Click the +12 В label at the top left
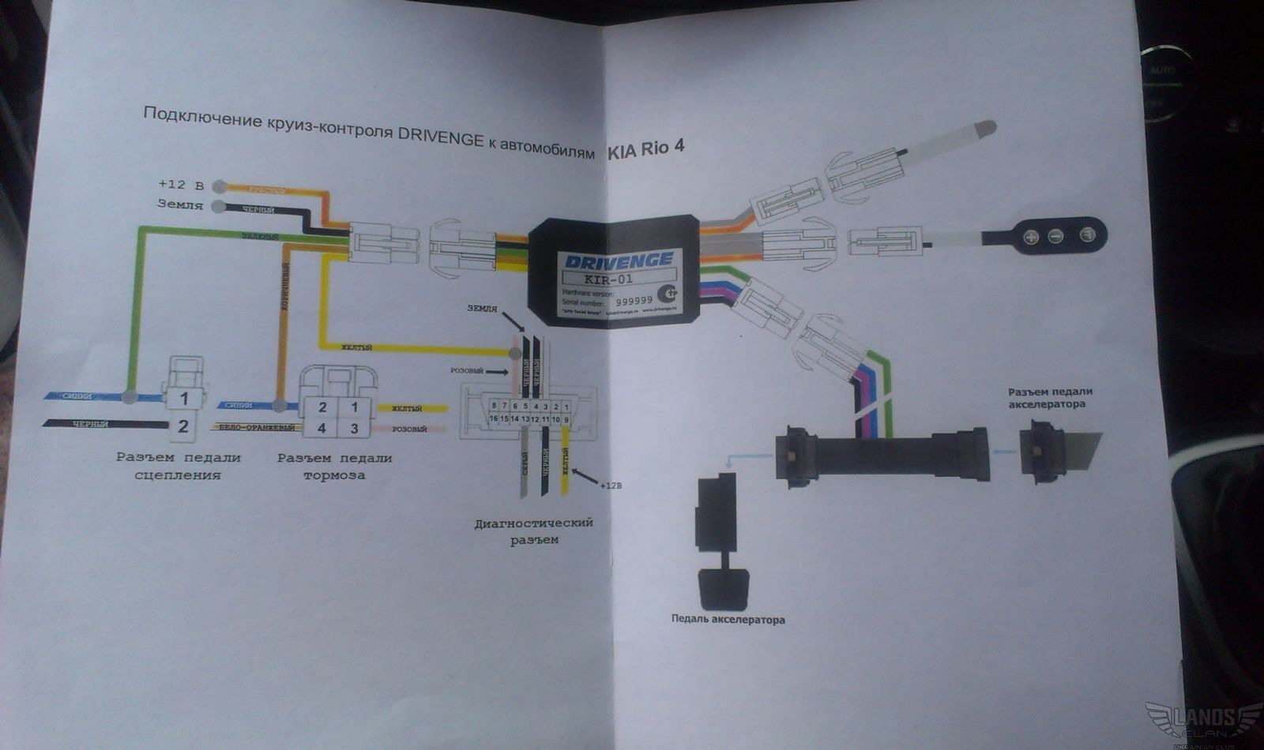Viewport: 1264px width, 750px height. (x=181, y=185)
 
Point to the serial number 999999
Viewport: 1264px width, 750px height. (x=634, y=301)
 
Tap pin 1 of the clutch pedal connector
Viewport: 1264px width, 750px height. (x=183, y=399)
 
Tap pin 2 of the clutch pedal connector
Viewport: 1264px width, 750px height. (x=183, y=426)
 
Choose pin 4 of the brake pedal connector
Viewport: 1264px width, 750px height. (x=322, y=429)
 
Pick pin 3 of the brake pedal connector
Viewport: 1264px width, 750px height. (x=355, y=429)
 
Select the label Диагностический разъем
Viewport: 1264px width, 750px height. (x=533, y=531)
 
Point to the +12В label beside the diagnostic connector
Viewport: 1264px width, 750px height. (x=610, y=486)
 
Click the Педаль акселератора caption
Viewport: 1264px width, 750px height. (x=728, y=620)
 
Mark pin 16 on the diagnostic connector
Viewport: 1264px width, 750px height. (x=494, y=418)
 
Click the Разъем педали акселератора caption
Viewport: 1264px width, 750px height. (x=1050, y=398)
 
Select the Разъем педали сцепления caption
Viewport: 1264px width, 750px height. (x=178, y=466)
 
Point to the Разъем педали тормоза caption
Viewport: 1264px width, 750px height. (x=334, y=466)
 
